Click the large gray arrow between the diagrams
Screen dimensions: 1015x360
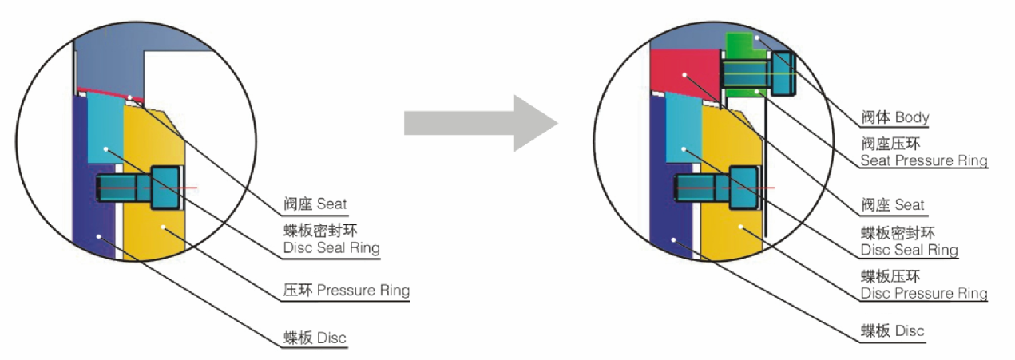(x=480, y=123)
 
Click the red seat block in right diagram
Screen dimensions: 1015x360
(x=684, y=73)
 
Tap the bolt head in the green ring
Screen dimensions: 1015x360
(x=783, y=73)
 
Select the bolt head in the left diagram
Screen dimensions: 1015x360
(x=165, y=188)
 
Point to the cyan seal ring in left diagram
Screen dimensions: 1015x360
(x=105, y=129)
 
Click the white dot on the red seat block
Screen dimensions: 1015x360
(x=684, y=75)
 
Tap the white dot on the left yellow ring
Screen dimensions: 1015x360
(x=162, y=227)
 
